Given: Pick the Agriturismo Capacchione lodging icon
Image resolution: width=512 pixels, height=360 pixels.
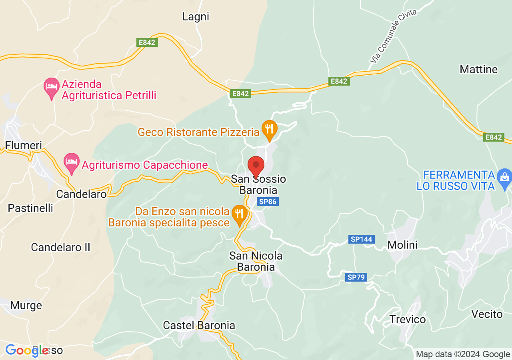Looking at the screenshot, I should click(72, 162).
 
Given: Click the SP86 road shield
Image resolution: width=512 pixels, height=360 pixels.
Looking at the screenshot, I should click(268, 202).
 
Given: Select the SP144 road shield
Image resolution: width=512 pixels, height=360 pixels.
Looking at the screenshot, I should click(362, 239).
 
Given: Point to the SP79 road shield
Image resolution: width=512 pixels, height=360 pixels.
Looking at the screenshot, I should click(356, 277).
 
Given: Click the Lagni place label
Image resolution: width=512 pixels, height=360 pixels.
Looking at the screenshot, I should click(196, 17).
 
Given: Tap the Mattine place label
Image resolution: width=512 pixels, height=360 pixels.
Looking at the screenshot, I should click(478, 69).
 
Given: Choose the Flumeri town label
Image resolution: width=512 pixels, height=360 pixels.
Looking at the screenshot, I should click(24, 145).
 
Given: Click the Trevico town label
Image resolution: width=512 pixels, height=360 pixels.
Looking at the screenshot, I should click(408, 320).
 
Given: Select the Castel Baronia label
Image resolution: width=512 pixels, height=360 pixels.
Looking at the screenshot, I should click(199, 326).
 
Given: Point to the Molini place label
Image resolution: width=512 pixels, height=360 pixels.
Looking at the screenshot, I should click(402, 245).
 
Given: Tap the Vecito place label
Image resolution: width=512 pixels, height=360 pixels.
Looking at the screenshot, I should click(487, 314).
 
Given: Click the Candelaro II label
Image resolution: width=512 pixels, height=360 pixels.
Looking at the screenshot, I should click(61, 247).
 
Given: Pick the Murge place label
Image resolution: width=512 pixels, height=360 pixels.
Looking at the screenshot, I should click(26, 306).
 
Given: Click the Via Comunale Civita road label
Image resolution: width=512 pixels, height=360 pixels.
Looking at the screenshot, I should click(393, 36).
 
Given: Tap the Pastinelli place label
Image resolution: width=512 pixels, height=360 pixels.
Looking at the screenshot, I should click(30, 208).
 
